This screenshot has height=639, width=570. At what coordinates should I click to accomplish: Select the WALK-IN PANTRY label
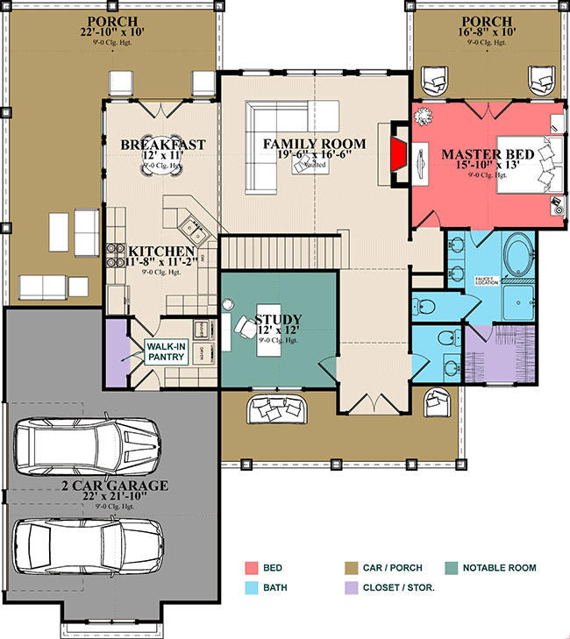[x=166, y=351]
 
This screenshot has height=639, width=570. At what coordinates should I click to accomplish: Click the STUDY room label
[x=278, y=319]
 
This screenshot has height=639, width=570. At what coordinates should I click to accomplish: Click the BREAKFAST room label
[x=163, y=145]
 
